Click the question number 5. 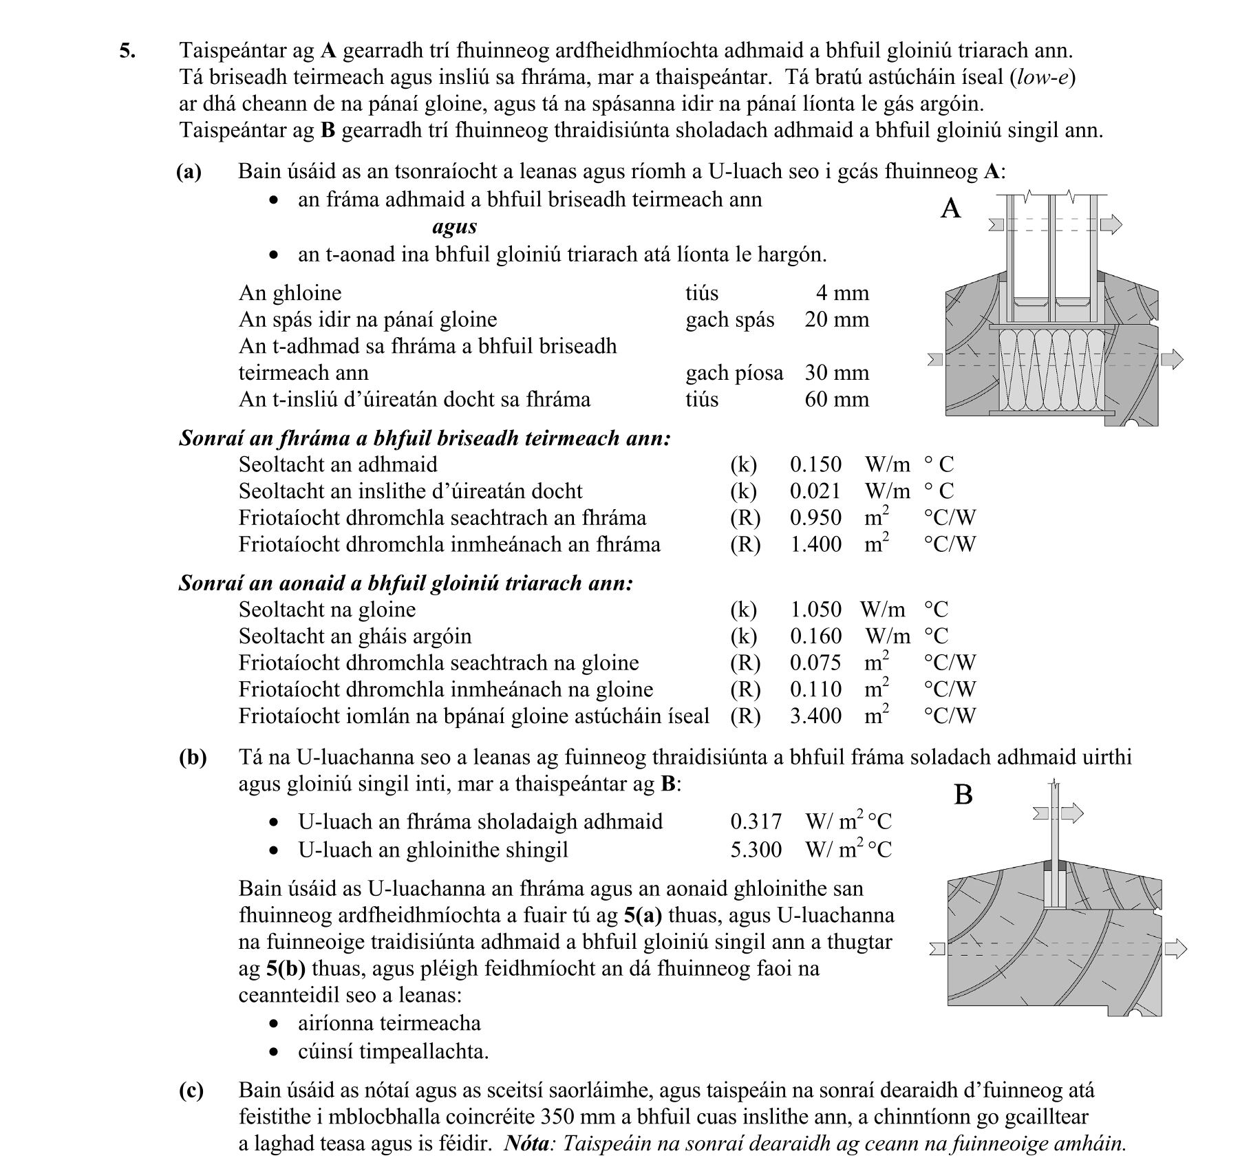pyautogui.click(x=127, y=51)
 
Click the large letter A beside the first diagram pyautogui.click(x=950, y=208)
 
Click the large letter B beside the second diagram pyautogui.click(x=963, y=795)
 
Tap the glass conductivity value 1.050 pyautogui.click(x=815, y=609)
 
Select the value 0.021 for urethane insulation pyautogui.click(x=815, y=491)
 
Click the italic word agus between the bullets pyautogui.click(x=454, y=226)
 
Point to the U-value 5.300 pyautogui.click(x=756, y=849)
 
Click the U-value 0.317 pyautogui.click(x=756, y=821)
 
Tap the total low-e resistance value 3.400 pyautogui.click(x=815, y=716)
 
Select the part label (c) pyautogui.click(x=191, y=1090)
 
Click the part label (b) pyautogui.click(x=192, y=757)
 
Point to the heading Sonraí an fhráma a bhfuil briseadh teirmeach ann pyautogui.click(x=425, y=438)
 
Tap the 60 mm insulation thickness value pyautogui.click(x=837, y=399)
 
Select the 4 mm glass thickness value pyautogui.click(x=842, y=292)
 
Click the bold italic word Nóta pyautogui.click(x=526, y=1144)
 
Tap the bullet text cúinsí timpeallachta pyautogui.click(x=393, y=1051)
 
